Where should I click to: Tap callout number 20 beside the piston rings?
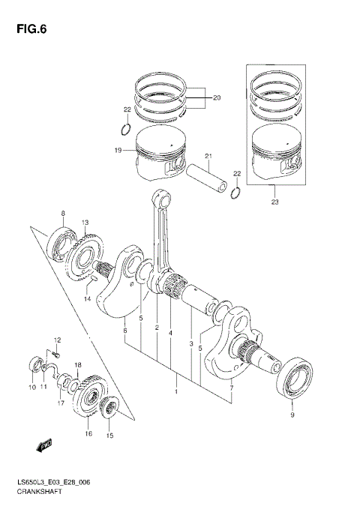pos(217,98)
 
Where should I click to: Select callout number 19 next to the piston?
pos(118,151)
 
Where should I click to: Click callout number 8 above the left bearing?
pos(63,214)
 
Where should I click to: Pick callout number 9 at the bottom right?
pos(292,413)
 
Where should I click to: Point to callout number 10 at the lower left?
pos(31,388)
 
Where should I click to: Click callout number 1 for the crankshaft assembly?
pos(176,391)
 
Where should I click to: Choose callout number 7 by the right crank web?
pos(231,388)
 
